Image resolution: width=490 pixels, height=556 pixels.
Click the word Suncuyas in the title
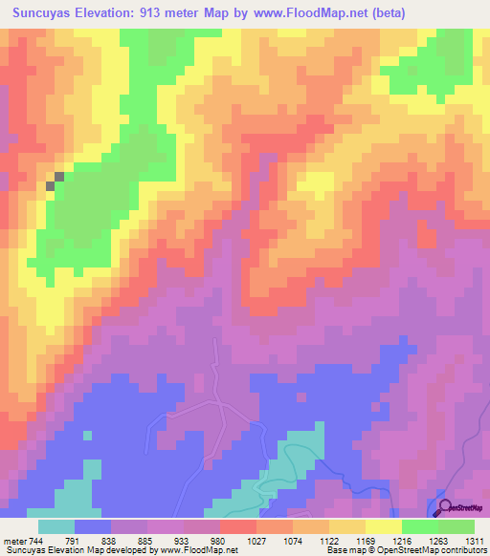click(44, 13)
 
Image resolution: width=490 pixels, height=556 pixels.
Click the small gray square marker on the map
click(59, 176)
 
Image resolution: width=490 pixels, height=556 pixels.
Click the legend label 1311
click(474, 541)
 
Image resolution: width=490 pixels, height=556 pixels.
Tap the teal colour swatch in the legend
click(56, 526)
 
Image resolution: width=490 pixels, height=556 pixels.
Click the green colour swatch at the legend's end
click(457, 526)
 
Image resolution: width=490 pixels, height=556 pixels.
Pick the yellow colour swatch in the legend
click(383, 526)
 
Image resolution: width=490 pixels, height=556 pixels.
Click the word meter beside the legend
click(14, 541)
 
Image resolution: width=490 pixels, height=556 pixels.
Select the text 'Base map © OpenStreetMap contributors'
click(406, 551)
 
